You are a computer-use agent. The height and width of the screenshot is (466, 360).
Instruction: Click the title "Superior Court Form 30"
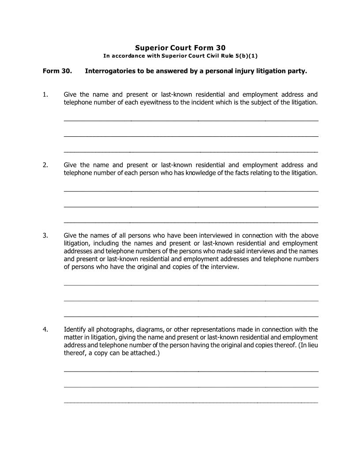180,48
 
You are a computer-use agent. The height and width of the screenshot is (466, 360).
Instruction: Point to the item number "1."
45,94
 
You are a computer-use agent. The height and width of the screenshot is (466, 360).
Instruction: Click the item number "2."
45,165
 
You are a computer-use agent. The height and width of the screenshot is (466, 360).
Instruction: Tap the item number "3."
45,235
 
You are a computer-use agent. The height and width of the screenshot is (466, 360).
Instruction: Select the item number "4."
45,329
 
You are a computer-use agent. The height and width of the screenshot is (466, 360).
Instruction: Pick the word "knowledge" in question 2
199,173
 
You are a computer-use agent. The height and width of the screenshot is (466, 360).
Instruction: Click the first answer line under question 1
191,120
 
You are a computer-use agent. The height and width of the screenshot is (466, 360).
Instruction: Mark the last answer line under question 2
191,222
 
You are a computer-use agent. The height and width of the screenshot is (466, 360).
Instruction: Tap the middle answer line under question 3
191,301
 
